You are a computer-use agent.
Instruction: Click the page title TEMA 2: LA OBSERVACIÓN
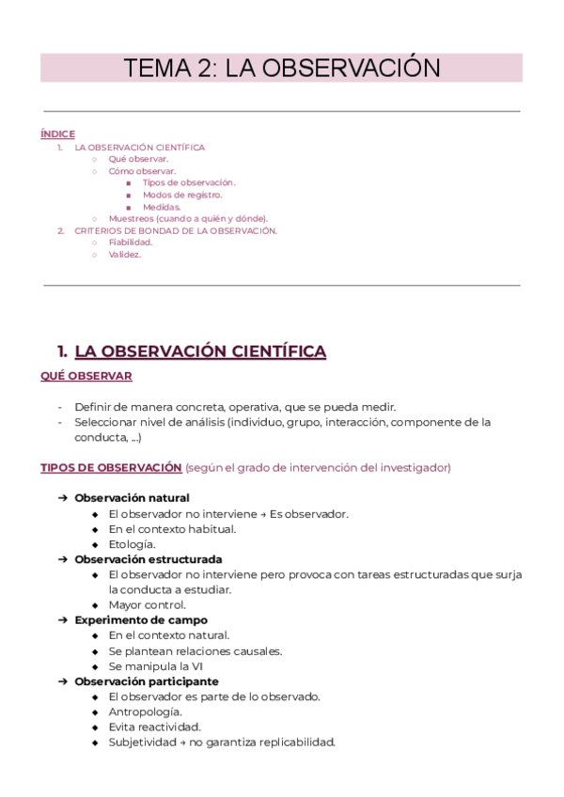coord(282,68)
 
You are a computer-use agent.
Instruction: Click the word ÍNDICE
coord(57,134)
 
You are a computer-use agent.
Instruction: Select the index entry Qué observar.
coord(138,159)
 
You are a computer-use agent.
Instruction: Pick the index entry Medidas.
coord(162,207)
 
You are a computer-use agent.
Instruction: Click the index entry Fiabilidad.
coord(130,242)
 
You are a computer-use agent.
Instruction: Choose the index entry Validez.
coord(124,254)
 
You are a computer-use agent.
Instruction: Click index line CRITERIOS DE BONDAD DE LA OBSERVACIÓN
coord(176,230)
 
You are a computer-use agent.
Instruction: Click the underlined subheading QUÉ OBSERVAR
coord(86,376)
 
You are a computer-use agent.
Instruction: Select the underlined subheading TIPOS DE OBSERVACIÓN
coord(111,467)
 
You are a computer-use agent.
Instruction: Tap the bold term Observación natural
coord(132,497)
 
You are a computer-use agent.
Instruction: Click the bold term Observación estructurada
coord(149,559)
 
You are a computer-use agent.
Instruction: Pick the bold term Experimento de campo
coord(141,620)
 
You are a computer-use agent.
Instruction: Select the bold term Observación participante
coord(147,681)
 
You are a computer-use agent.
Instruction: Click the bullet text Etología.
coord(132,544)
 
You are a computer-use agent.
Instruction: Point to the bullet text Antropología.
coord(146,711)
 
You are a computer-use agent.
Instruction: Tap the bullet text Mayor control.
coord(147,605)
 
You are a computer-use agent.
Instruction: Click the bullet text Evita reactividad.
coord(154,727)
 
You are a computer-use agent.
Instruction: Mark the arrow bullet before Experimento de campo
coord(62,620)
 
